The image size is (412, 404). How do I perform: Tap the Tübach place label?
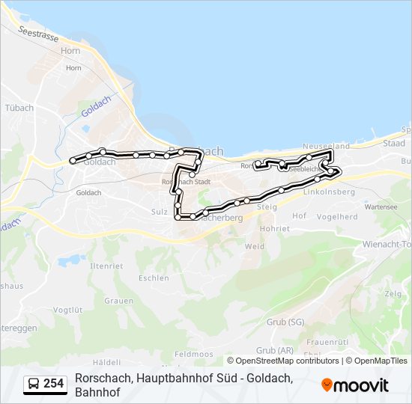[x=19, y=108]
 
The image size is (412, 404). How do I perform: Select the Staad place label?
[x=394, y=143]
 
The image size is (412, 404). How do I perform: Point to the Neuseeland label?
[x=326, y=146]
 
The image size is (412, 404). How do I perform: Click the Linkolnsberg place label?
[x=329, y=192]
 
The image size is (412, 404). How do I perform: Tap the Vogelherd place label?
[x=337, y=216]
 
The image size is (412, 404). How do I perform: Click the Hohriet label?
[x=274, y=228]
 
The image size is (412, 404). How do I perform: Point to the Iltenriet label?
[x=106, y=266]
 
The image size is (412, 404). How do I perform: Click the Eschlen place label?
[x=154, y=278]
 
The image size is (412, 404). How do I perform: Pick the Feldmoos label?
[x=193, y=354]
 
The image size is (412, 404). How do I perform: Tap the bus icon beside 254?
[x=34, y=385]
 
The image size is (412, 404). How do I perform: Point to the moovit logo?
[x=355, y=385]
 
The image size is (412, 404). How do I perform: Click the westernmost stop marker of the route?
[x=73, y=160]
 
